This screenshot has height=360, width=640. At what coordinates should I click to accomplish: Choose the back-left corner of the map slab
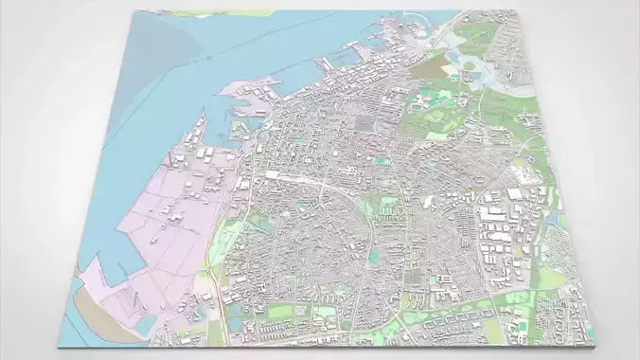[x=133, y=10]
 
